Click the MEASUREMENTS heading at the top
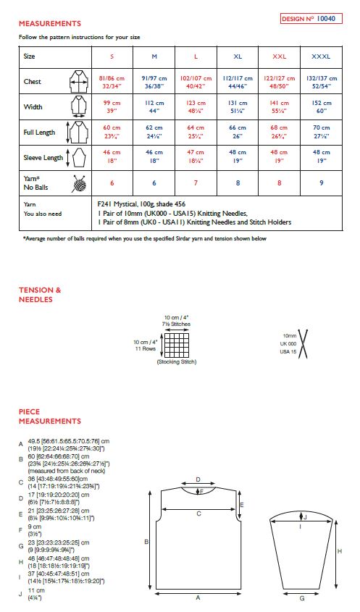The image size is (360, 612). point(50,24)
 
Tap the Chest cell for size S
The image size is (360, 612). point(112,82)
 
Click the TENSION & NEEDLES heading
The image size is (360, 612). point(40,295)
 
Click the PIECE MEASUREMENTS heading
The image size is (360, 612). point(50,416)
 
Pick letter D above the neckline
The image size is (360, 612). point(199,479)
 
